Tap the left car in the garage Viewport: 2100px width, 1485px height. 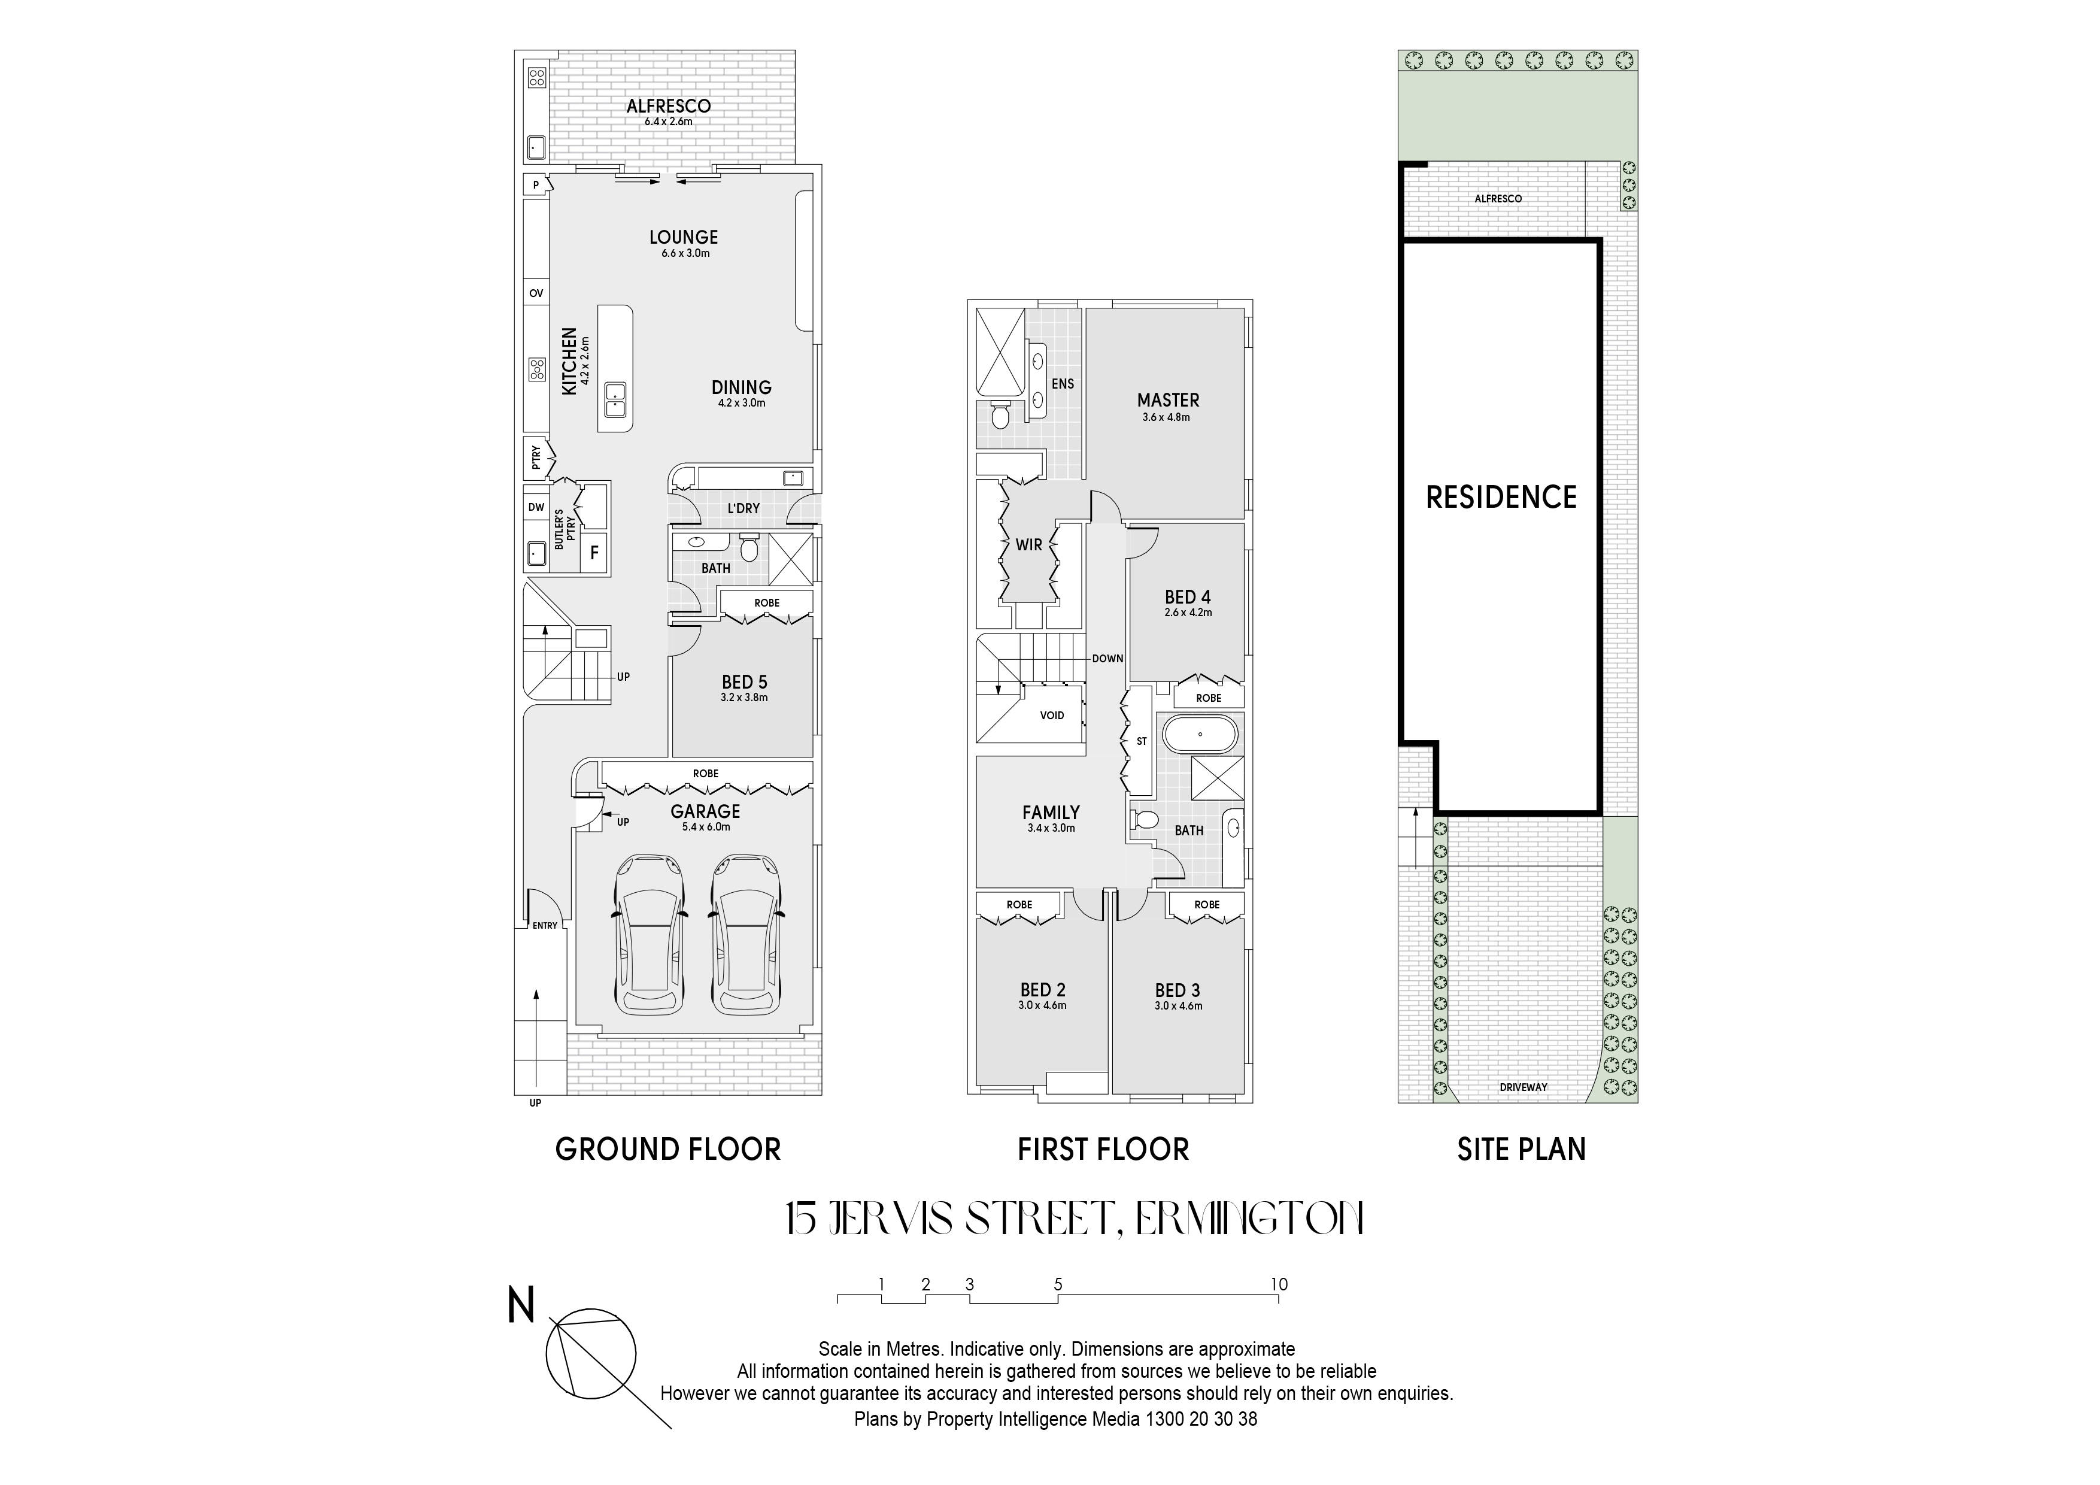coord(650,934)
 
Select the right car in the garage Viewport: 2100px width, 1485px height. coord(746,934)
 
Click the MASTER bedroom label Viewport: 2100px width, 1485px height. coord(1168,400)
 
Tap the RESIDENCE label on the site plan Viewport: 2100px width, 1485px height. coord(1502,497)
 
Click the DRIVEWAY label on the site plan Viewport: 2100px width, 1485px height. coord(1524,1087)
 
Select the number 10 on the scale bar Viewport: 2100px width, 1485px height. coord(1279,1284)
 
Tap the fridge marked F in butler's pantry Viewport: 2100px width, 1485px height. coord(594,553)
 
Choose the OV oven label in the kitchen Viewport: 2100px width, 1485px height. coord(536,293)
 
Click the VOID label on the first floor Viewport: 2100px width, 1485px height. coord(1052,716)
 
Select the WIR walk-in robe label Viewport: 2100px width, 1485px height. coord(1029,544)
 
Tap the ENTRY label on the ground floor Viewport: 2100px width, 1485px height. coord(545,926)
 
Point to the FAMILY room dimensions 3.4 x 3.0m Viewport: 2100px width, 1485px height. coord(1052,828)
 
